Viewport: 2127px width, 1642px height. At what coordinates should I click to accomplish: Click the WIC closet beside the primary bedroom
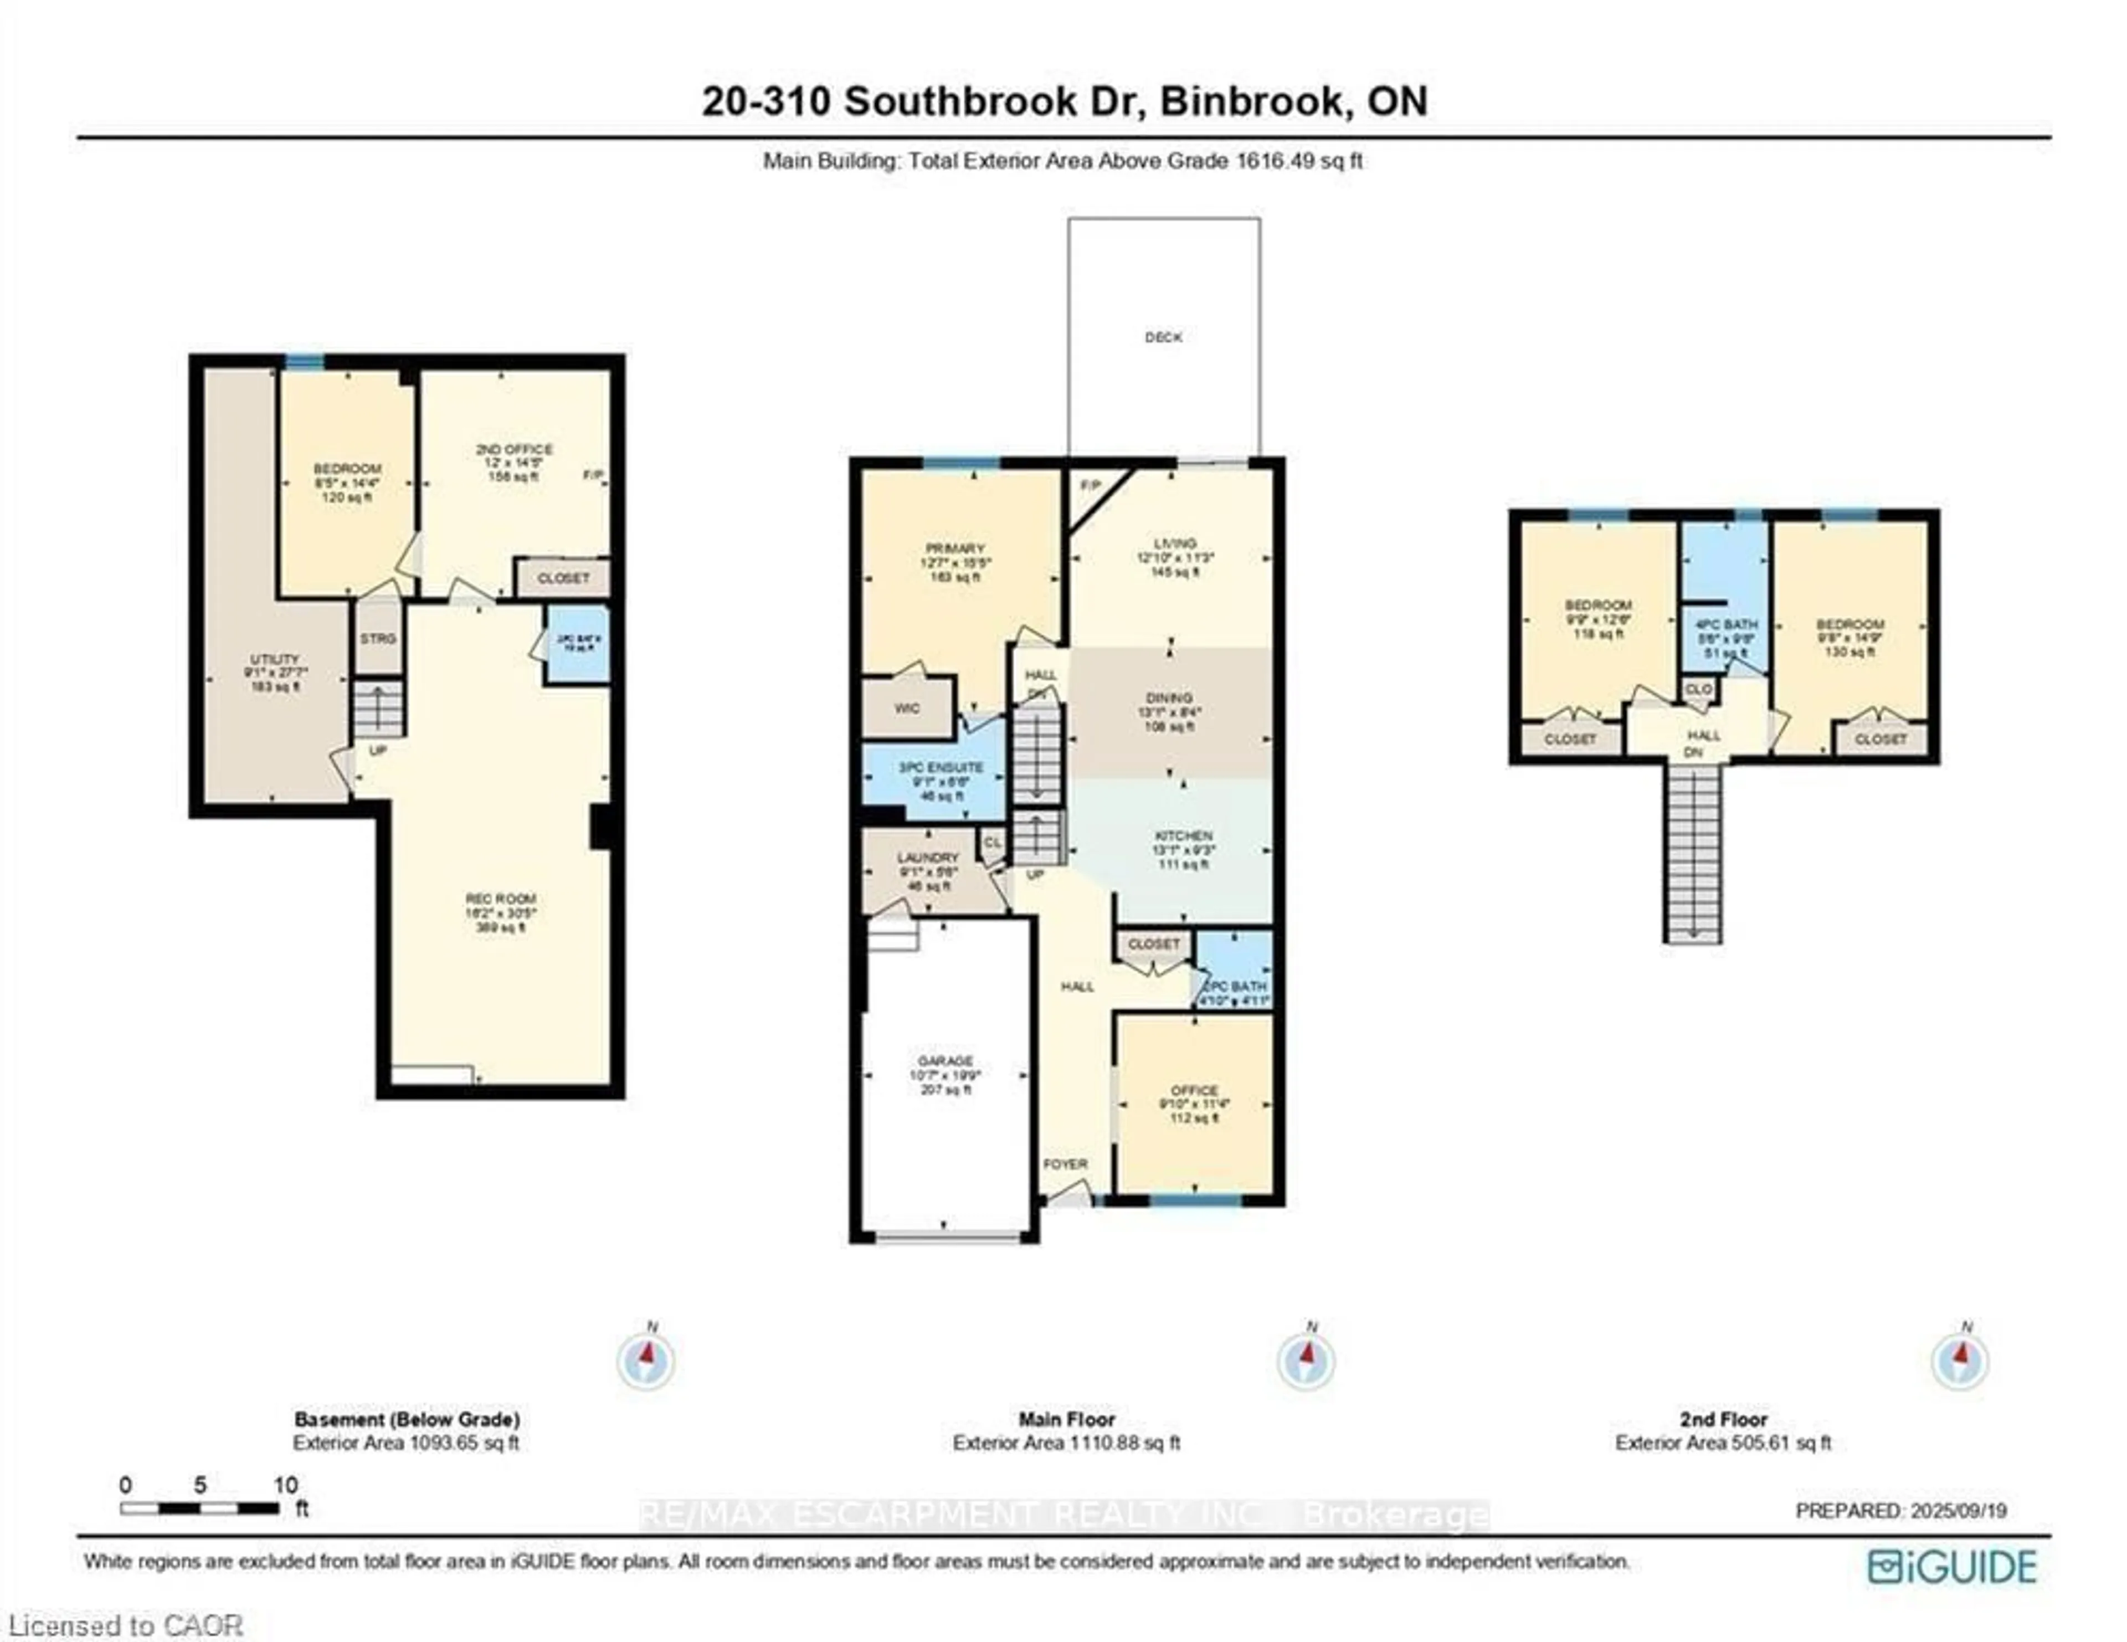pos(907,708)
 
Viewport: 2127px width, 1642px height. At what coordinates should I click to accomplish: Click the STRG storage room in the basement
pos(378,639)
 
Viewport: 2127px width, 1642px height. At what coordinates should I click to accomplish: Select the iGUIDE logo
pos(1952,1566)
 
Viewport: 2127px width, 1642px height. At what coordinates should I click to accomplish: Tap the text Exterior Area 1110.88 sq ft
pos(1066,1443)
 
